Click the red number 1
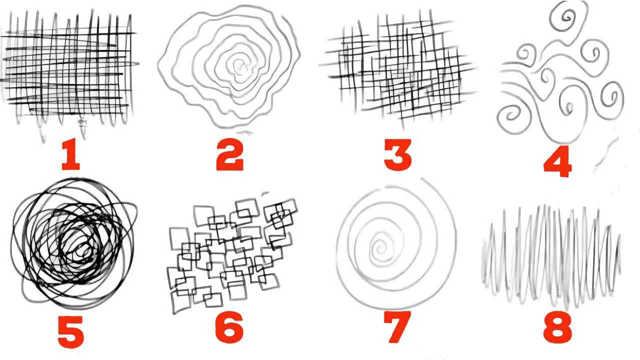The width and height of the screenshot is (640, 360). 71,154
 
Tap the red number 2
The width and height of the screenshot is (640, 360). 230,154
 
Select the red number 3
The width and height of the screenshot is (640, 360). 397,155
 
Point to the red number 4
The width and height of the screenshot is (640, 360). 557,161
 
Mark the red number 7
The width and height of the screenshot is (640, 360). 397,327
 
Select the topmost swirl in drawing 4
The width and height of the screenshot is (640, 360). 567,17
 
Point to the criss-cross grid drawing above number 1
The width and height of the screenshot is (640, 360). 68,68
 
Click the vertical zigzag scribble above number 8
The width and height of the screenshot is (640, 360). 551,257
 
